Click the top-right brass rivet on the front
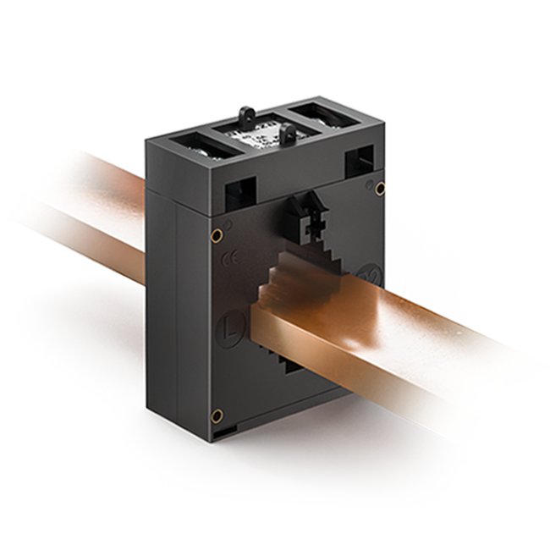click(x=380, y=188)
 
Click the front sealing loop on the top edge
click(x=289, y=134)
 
